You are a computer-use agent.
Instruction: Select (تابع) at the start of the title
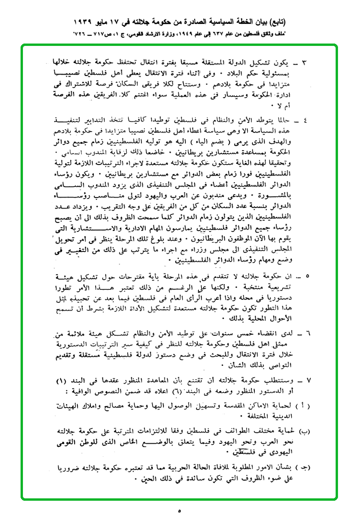(x=306, y=22)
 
